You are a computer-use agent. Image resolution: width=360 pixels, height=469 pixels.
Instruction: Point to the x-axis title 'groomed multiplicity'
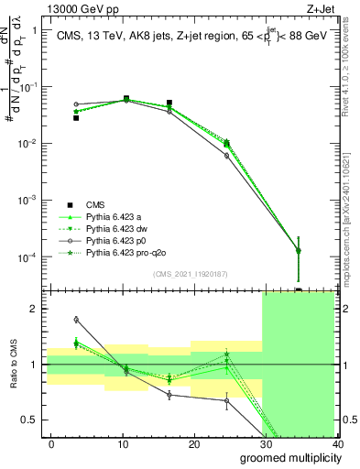pos(286,457)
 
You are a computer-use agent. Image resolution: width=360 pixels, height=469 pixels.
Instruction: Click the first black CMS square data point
pos(76,118)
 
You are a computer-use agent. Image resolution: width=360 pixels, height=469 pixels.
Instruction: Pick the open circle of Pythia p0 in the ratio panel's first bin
pos(76,320)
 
